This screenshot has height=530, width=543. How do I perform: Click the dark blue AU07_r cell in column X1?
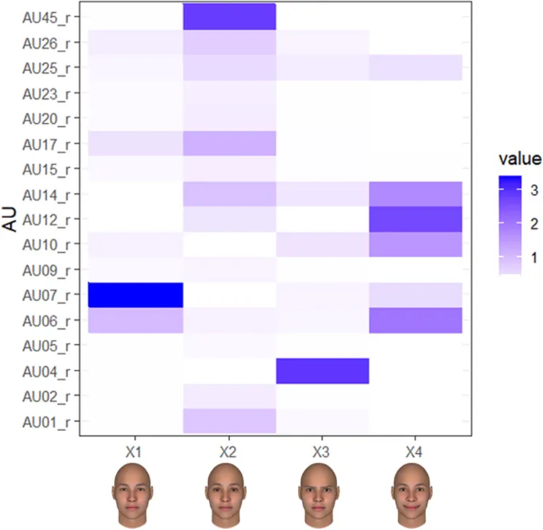136,295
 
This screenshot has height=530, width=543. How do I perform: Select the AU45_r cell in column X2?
229,17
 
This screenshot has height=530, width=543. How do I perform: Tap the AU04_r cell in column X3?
322,370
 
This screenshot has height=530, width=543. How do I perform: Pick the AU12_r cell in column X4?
415,219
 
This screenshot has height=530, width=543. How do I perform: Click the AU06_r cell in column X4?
415,320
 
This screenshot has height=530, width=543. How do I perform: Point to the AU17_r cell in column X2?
229,143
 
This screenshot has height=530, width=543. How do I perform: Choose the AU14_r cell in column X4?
415,193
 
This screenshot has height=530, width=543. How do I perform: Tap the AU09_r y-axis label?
45,270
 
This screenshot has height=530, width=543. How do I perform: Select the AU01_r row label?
45,421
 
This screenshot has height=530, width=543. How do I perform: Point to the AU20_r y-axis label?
45,119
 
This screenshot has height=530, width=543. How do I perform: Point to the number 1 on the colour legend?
531,257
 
